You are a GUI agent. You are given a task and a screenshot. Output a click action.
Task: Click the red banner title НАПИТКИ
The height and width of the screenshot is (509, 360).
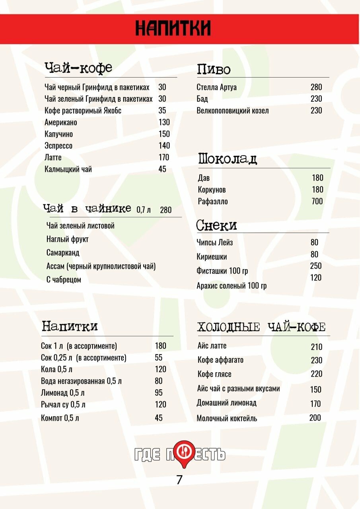click(x=173, y=29)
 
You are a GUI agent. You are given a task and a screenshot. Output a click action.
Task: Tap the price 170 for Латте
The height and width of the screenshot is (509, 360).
click(x=163, y=157)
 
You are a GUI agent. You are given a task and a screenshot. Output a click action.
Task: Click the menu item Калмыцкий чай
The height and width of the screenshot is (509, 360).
click(x=68, y=169)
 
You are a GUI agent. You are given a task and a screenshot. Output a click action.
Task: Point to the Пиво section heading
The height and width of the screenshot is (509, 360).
click(x=214, y=70)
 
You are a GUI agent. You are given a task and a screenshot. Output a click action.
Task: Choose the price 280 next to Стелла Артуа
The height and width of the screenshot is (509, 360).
click(x=316, y=87)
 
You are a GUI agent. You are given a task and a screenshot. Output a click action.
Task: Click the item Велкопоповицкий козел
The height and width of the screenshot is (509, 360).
click(x=232, y=111)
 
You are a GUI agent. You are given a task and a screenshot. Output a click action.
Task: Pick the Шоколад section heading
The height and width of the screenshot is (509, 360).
click(x=228, y=159)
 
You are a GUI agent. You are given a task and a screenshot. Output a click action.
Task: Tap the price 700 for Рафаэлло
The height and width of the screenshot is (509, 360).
click(x=317, y=201)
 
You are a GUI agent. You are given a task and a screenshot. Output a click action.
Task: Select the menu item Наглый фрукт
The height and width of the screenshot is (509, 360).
click(x=67, y=239)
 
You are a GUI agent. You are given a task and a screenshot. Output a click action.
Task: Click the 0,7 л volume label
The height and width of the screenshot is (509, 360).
click(x=143, y=210)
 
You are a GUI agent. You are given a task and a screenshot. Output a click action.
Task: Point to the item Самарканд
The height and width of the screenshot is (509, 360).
click(x=63, y=253)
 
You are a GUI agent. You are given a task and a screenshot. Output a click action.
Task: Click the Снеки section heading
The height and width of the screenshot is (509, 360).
click(x=216, y=225)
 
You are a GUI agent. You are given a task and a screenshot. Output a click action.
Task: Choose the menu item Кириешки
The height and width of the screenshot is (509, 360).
click(x=212, y=257)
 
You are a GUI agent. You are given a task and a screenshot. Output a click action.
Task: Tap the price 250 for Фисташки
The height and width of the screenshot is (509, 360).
click(x=316, y=266)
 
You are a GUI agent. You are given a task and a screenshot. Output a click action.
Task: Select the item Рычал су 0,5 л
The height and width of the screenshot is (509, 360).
click(x=63, y=405)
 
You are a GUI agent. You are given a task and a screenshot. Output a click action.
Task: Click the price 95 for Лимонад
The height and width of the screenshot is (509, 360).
click(x=158, y=393)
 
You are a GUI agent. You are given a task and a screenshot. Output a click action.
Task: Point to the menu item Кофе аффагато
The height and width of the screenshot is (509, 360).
click(x=220, y=360)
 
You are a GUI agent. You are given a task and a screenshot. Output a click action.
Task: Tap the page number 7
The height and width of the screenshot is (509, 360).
click(x=179, y=480)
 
